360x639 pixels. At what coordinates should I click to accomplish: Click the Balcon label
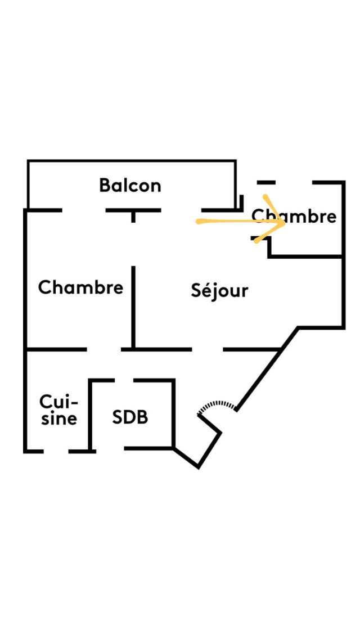[x=130, y=185]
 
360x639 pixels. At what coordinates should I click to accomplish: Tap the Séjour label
[x=219, y=291]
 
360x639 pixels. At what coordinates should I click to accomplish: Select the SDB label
[x=130, y=417]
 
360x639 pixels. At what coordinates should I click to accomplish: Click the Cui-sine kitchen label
[x=58, y=410]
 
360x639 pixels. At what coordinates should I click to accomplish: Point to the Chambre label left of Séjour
[x=80, y=287]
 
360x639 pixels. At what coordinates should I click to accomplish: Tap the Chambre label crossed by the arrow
[x=294, y=217]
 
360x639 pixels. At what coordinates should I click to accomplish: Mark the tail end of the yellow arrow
[x=198, y=222]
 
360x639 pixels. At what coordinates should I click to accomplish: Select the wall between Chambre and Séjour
[x=133, y=307]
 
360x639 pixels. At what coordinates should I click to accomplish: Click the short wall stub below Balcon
[x=133, y=217]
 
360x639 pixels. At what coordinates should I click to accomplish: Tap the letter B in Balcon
[x=105, y=185]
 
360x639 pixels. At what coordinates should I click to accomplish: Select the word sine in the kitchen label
[x=58, y=418]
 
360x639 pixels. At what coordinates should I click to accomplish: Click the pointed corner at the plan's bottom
[x=198, y=466]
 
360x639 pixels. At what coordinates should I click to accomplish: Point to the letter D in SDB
[x=130, y=417]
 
